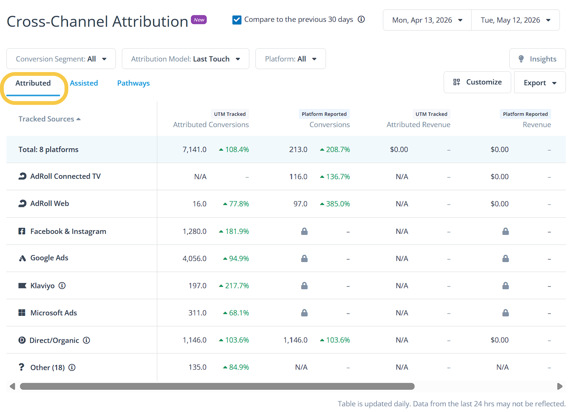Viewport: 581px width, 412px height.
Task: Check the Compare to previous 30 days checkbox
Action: (x=237, y=20)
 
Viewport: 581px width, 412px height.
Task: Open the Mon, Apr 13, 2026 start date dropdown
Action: (x=427, y=20)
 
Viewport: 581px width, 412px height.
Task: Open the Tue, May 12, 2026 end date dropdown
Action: (x=515, y=20)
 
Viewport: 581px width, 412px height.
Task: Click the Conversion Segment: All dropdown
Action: (x=61, y=59)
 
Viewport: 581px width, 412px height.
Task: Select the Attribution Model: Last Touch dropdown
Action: (x=186, y=59)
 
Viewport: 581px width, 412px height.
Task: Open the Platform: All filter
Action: (x=290, y=59)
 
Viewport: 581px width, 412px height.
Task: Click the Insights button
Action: (x=537, y=59)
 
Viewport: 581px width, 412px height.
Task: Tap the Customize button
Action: (x=477, y=82)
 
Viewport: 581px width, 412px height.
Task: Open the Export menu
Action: (x=540, y=83)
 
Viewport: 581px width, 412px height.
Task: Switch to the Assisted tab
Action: (x=84, y=83)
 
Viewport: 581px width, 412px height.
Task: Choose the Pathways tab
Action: (x=133, y=83)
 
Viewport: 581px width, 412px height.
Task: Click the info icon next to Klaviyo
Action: (x=62, y=286)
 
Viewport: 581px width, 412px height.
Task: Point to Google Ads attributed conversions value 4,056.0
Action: (x=194, y=258)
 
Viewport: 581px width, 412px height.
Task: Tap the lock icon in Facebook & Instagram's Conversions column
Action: (x=304, y=231)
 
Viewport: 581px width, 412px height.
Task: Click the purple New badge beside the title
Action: (x=199, y=20)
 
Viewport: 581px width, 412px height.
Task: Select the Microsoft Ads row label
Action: (x=54, y=313)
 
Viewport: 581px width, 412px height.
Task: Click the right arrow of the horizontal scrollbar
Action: (x=560, y=386)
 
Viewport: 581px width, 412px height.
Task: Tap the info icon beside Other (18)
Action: (x=72, y=367)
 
